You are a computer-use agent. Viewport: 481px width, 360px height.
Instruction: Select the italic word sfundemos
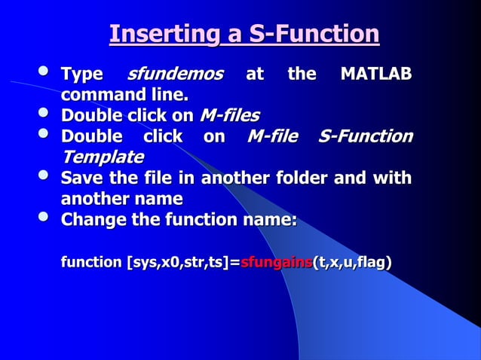coord(175,75)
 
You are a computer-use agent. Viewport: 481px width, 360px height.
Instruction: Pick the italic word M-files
coord(229,116)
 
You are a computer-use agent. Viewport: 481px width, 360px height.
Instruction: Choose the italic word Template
coord(102,157)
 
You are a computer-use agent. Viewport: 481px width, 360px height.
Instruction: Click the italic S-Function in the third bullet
coord(365,137)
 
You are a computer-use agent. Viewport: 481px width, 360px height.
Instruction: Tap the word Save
coord(81,178)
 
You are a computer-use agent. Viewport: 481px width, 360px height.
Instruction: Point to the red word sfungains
coord(276,263)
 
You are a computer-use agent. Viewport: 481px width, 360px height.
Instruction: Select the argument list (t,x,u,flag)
coord(352,263)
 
